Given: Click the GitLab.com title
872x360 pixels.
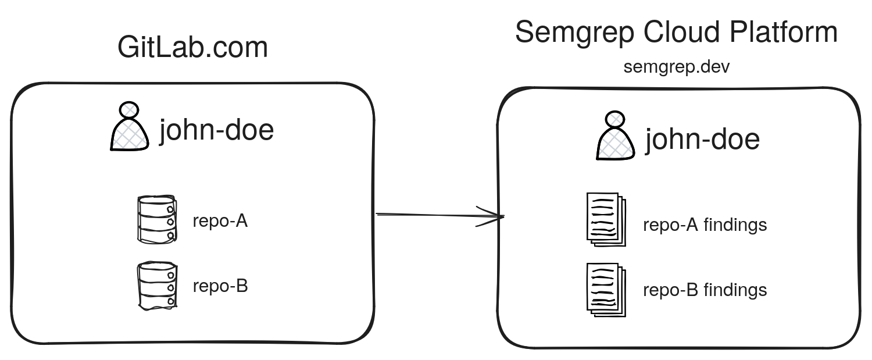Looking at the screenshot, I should pos(192,47).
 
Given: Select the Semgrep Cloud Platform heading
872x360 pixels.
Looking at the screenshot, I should pos(676,33).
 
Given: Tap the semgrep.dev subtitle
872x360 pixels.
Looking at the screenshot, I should pos(676,67).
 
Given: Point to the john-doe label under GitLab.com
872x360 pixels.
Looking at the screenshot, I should pos(216,130).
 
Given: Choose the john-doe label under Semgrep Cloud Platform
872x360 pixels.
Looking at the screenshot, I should pos(702,140).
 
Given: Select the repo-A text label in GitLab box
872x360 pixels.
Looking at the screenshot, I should pos(220,221).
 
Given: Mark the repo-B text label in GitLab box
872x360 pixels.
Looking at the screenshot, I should pos(220,286).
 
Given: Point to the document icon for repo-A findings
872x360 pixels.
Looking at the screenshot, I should pos(606,219).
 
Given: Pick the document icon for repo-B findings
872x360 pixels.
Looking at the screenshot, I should pos(606,290).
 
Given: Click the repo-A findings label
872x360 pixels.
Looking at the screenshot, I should pos(705,224).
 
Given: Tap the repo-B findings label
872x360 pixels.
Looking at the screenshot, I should pos(705,290).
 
